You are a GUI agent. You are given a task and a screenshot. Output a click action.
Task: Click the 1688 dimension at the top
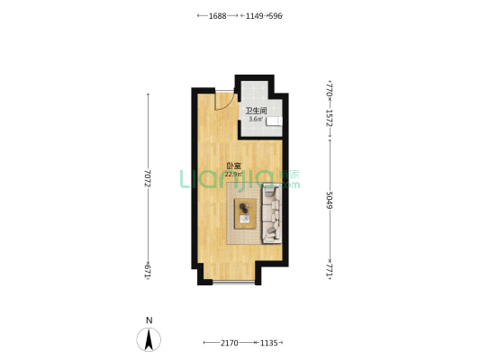tap(217, 16)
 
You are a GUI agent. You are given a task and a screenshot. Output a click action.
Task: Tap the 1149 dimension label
tap(255, 16)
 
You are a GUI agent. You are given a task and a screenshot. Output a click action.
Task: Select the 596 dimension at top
tap(275, 16)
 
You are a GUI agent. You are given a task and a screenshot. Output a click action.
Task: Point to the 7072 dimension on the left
tap(149, 178)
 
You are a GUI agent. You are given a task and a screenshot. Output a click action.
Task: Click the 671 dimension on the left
tap(149, 272)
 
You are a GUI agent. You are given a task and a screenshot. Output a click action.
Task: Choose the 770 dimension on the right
tap(330, 90)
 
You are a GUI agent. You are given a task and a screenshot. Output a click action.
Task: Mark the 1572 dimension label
tap(330, 118)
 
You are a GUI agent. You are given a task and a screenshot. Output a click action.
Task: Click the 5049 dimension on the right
tap(330, 200)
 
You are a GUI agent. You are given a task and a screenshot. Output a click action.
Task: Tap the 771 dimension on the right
tap(330, 269)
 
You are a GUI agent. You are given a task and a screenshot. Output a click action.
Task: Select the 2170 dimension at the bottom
tap(230, 343)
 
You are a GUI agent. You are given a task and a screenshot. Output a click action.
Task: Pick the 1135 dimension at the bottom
tap(268, 343)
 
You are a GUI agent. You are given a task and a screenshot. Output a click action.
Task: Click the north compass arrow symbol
tap(149, 339)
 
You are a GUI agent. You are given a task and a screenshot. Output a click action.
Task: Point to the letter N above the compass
tap(149, 320)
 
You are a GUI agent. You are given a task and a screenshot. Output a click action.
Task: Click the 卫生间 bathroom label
tap(257, 111)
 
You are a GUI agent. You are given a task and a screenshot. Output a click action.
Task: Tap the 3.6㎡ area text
tap(256, 119)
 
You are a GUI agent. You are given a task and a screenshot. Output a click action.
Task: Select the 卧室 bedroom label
tap(233, 166)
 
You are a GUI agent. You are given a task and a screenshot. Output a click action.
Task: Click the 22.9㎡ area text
tap(233, 175)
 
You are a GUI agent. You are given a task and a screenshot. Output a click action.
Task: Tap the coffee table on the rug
tap(245, 213)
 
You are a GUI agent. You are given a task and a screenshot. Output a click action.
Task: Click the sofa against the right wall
tap(272, 214)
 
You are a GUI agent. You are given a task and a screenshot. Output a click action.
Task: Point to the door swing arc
tap(230, 105)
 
